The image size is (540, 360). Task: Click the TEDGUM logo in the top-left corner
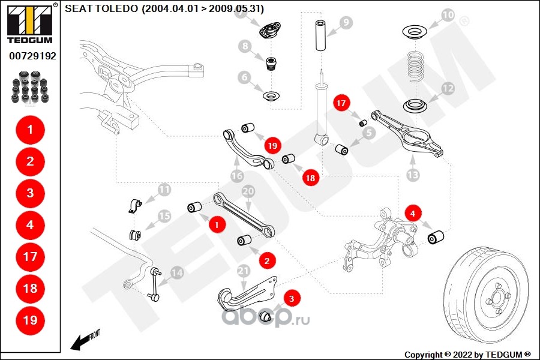pyautogui.click(x=31, y=23)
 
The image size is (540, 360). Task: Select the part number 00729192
pyautogui.click(x=32, y=56)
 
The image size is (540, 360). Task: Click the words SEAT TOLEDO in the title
pyautogui.click(x=101, y=8)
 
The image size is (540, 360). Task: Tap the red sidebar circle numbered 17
pyautogui.click(x=31, y=257)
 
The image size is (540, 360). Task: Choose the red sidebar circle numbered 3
pyautogui.click(x=31, y=193)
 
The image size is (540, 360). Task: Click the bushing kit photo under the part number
pyautogui.click(x=30, y=87)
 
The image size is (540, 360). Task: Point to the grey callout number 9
pyautogui.click(x=346, y=23)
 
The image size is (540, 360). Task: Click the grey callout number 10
pyautogui.click(x=448, y=15)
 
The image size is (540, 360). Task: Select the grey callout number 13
pyautogui.click(x=413, y=175)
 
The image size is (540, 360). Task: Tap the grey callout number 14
pyautogui.click(x=178, y=273)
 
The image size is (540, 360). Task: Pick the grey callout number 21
pyautogui.click(x=243, y=271)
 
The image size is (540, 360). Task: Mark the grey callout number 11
pyautogui.click(x=164, y=190)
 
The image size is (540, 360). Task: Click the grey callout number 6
pyautogui.click(x=245, y=77)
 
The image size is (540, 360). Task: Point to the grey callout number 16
pyautogui.click(x=237, y=176)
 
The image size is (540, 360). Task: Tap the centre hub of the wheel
pyautogui.click(x=497, y=297)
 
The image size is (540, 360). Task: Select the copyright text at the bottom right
pyautogui.click(x=467, y=355)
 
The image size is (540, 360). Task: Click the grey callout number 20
pyautogui.click(x=248, y=191)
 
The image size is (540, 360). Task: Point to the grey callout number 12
pyautogui.click(x=448, y=89)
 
